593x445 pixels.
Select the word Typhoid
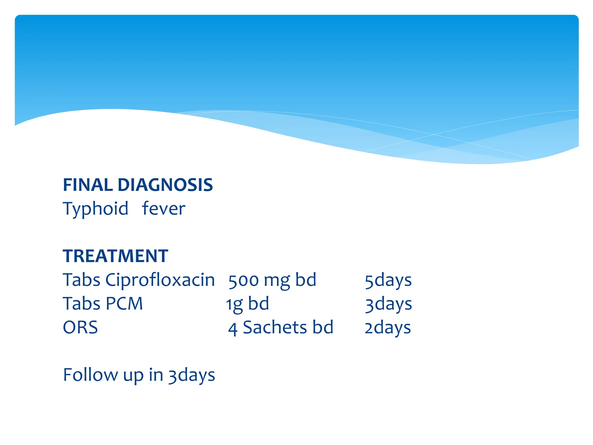coord(96,209)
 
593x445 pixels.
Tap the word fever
coord(163,209)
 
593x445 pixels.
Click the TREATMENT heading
coord(115,256)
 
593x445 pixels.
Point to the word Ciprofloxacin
coord(160,280)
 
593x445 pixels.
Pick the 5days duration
coord(388,280)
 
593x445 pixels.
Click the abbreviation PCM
coord(124,304)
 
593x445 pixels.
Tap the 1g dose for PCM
coord(234,304)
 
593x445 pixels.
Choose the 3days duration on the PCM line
coord(388,304)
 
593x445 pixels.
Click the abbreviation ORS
coord(80,328)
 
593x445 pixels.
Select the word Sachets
coord(274,328)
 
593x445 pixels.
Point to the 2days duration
coord(388,328)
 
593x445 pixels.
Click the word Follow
coord(90,375)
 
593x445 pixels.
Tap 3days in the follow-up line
coord(192,375)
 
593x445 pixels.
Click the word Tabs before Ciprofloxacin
coord(81,280)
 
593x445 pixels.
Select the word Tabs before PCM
coord(81,304)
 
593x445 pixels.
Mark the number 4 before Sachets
coord(233,329)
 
